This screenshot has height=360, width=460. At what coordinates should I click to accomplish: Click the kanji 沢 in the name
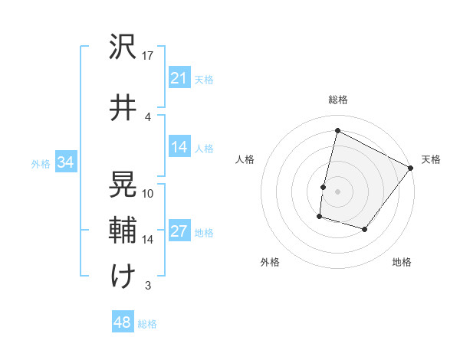coord(123,48)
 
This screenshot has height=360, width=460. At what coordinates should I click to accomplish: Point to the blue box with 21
coord(179,78)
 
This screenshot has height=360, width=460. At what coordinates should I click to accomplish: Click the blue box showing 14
coord(179,147)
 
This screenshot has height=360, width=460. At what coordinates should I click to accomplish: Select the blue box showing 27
coord(179,232)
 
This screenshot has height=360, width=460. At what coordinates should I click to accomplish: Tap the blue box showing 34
coord(65,162)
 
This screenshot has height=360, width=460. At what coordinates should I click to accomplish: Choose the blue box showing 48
coord(122,322)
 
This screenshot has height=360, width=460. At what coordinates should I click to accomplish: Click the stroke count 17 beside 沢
coord(148,56)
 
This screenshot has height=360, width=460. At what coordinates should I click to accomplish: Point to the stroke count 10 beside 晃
coord(148,193)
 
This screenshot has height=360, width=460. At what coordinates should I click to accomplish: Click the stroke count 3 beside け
coord(147,286)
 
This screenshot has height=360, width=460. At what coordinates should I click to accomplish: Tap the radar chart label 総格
coord(337,100)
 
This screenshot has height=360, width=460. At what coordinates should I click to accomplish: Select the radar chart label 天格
coord(431,159)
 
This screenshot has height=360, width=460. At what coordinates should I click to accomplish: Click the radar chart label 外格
coord(269,262)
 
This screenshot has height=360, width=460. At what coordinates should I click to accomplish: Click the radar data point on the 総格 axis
coord(337,131)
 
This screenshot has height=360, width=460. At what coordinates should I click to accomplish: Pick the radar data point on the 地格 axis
coord(365,229)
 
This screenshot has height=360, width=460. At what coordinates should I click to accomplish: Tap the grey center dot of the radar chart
coord(337,191)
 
